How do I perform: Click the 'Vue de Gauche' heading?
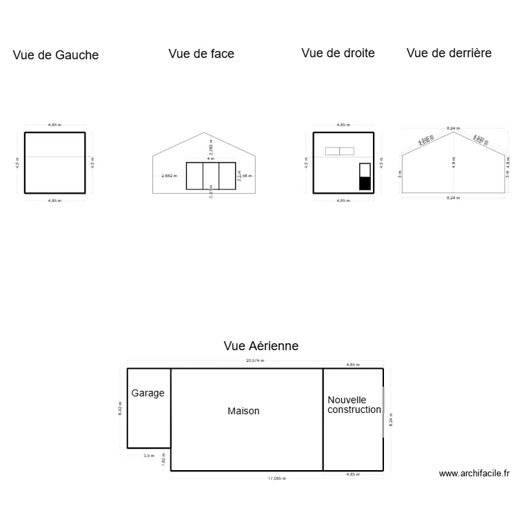pos(56,55)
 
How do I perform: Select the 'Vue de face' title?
pos(201,54)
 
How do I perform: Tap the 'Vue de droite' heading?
pos(338,53)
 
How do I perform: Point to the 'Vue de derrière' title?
pos(449,53)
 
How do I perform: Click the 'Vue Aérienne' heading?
pos(261,346)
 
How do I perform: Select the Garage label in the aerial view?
pos(148,393)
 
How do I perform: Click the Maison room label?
pos(243,411)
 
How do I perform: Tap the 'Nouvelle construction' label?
pos(354,405)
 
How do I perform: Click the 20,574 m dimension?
pos(255,361)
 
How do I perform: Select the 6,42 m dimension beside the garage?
pos(120,409)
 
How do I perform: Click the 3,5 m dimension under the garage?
pos(148,456)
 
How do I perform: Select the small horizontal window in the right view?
pos(340,151)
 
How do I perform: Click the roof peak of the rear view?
pos(453,132)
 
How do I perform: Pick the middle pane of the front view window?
pos(211,176)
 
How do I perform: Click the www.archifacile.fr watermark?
pos(474,474)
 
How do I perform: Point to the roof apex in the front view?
pos(203,133)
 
